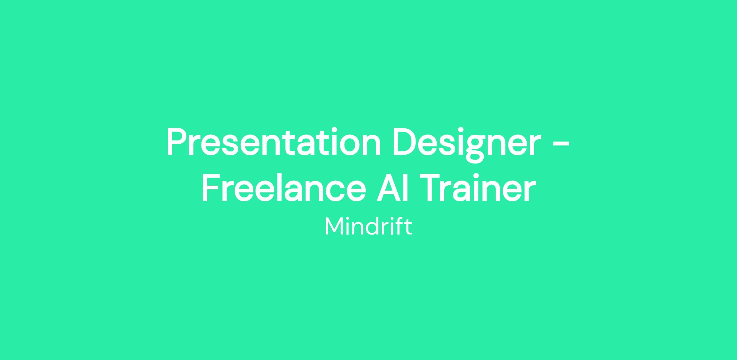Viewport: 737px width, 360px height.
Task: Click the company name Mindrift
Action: click(368, 226)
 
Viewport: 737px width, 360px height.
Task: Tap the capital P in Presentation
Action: click(177, 142)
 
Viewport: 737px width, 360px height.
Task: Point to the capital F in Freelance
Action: click(211, 188)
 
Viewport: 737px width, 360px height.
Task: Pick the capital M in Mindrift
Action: click(333, 226)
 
